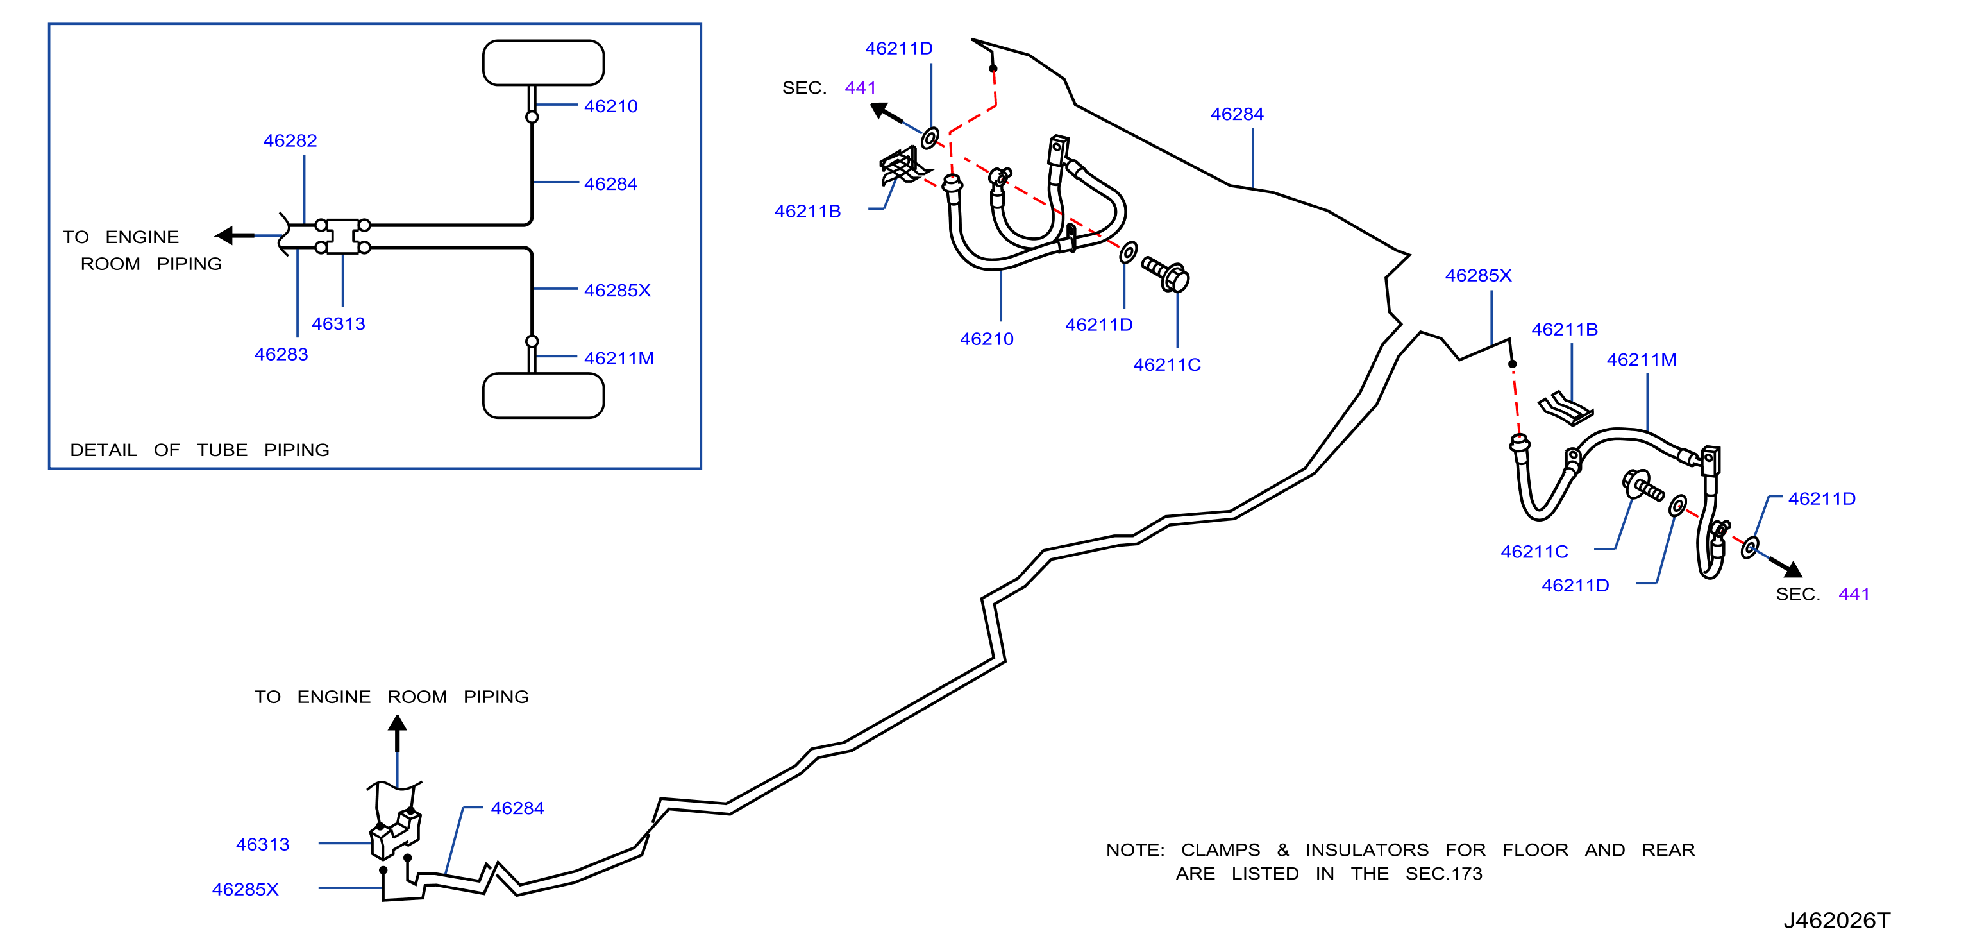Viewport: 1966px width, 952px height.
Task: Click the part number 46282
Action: coord(290,140)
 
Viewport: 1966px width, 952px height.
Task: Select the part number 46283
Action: coord(281,354)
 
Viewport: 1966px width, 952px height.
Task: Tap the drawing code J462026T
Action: coord(1836,920)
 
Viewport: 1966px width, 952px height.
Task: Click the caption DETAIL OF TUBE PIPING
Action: coord(200,450)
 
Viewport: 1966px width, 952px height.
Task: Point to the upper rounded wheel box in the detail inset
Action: coord(543,63)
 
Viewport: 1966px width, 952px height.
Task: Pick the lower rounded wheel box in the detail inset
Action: coord(543,395)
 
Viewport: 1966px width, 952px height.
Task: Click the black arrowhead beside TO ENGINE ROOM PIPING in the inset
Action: coord(224,235)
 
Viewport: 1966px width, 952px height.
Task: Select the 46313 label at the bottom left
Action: coord(262,844)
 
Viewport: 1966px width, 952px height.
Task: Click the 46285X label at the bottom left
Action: coord(245,889)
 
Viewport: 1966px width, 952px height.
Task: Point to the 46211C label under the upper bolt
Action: coord(1167,365)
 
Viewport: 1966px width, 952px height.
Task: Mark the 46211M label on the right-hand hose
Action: coord(1642,360)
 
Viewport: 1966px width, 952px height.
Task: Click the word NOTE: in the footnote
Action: coord(1135,850)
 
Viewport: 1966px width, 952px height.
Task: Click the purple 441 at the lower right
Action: coord(1854,594)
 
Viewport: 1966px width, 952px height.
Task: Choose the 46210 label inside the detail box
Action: coord(610,106)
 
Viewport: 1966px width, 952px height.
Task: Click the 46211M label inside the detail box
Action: coord(619,358)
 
